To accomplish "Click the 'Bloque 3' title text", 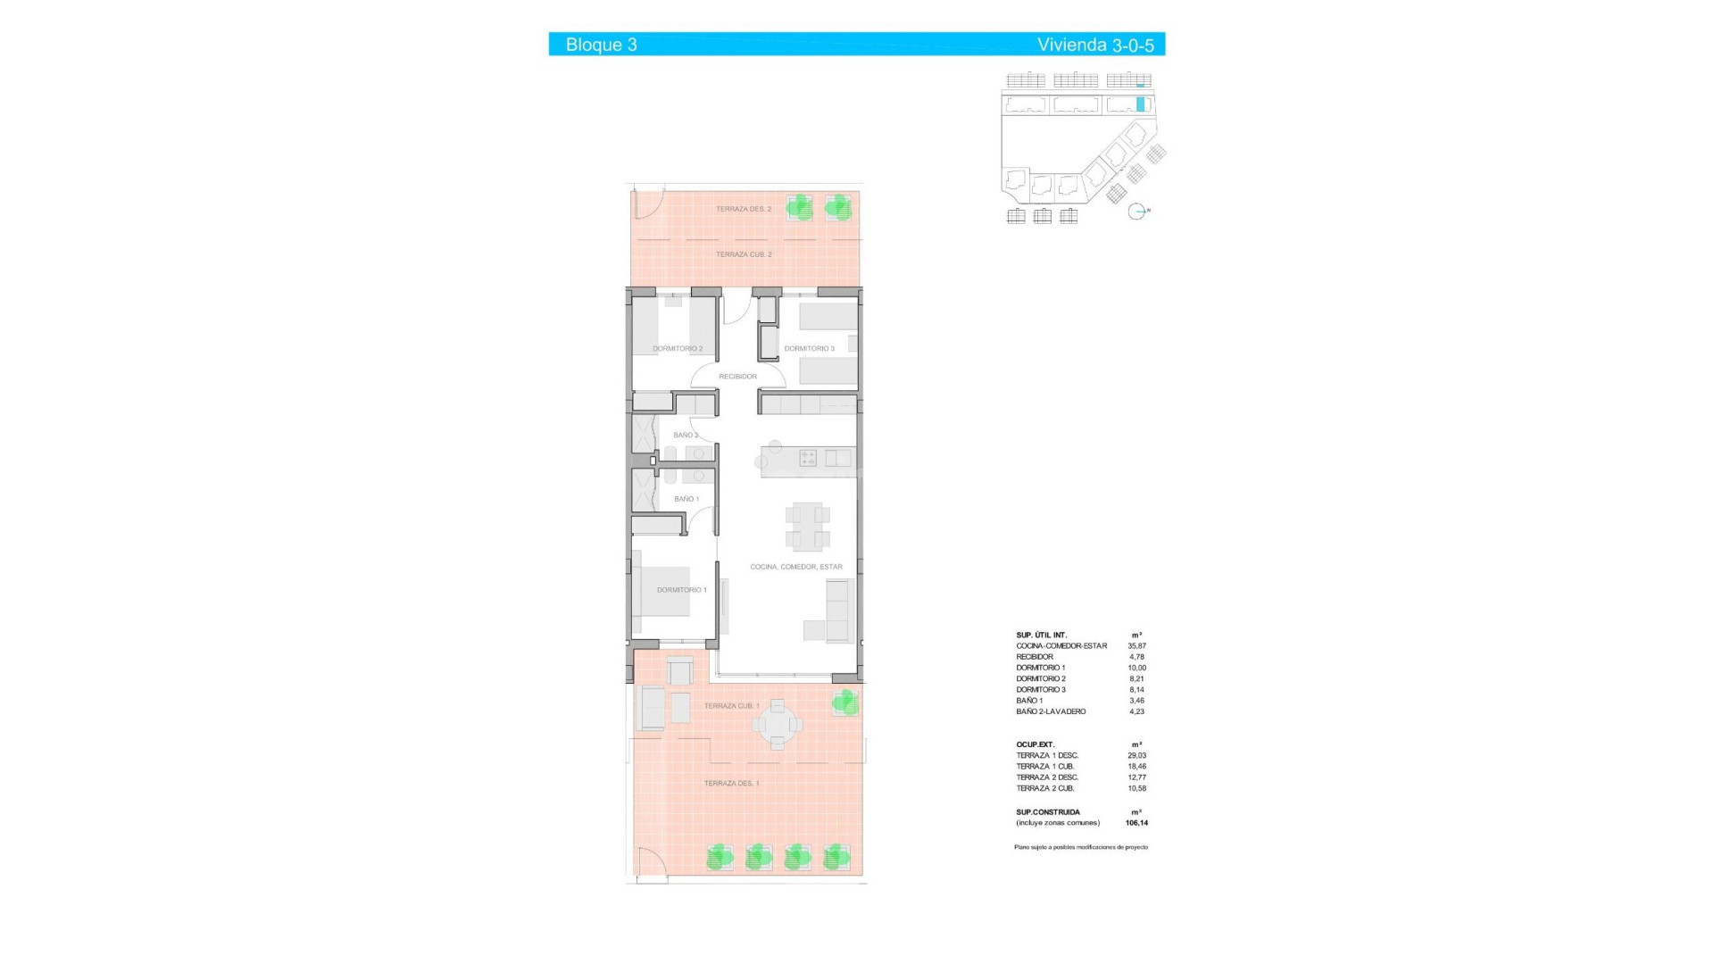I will pyautogui.click(x=601, y=45).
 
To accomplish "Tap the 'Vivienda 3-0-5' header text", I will pyautogui.click(x=1094, y=45).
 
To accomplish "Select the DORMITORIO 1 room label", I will pyautogui.click(x=681, y=590).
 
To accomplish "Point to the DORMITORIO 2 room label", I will pyautogui.click(x=678, y=349).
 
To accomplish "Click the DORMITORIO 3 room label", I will pyautogui.click(x=809, y=349).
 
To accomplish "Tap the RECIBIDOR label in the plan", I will pyautogui.click(x=737, y=377).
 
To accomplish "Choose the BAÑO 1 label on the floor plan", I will pyautogui.click(x=686, y=499).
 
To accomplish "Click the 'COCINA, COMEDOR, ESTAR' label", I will pyautogui.click(x=795, y=567).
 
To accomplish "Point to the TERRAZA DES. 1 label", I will pyautogui.click(x=731, y=784).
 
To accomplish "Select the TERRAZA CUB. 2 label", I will pyautogui.click(x=743, y=254).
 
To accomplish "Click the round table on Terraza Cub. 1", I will pyautogui.click(x=778, y=725).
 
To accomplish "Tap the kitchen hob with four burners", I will pyautogui.click(x=808, y=459).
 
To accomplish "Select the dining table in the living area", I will pyautogui.click(x=807, y=526).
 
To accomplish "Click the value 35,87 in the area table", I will pyautogui.click(x=1136, y=646).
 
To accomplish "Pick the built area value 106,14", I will pyautogui.click(x=1136, y=823).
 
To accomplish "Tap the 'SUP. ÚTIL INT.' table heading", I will pyautogui.click(x=1041, y=635).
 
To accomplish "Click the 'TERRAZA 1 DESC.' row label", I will pyautogui.click(x=1046, y=755).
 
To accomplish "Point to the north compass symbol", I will pyautogui.click(x=1136, y=212).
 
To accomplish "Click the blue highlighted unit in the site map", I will pyautogui.click(x=1140, y=104).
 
